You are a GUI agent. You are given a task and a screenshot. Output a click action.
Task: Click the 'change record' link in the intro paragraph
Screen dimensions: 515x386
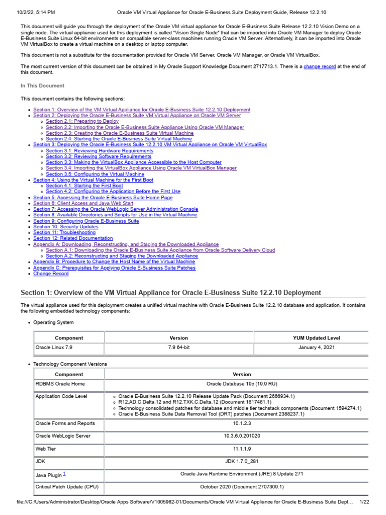pos(320,67)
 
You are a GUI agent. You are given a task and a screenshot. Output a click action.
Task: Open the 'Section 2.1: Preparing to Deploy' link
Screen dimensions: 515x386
pos(82,121)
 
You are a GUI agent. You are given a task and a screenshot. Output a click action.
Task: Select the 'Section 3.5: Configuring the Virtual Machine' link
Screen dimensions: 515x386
pos(95,174)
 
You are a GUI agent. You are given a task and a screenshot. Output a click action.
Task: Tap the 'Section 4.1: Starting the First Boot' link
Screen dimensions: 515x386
pos(84,186)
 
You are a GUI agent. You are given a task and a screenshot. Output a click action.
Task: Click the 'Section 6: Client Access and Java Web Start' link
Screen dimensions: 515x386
pos(83,203)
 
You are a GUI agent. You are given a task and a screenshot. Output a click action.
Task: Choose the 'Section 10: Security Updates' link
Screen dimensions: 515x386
pos(66,227)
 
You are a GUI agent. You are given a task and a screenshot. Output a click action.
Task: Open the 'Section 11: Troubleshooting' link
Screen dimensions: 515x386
pos(64,233)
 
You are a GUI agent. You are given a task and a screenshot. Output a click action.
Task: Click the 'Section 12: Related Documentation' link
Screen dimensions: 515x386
pos(73,238)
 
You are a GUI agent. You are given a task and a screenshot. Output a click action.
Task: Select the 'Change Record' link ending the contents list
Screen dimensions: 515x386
pos(51,274)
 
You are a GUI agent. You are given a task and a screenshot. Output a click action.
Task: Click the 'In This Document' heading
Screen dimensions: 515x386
pos(42,86)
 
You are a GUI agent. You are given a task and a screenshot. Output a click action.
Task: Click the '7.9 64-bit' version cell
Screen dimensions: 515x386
pos(178,348)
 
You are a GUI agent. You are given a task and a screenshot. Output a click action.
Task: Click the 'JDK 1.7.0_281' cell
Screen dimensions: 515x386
pos(242,461)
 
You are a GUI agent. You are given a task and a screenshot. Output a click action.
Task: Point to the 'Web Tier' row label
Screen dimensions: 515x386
pos(46,449)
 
